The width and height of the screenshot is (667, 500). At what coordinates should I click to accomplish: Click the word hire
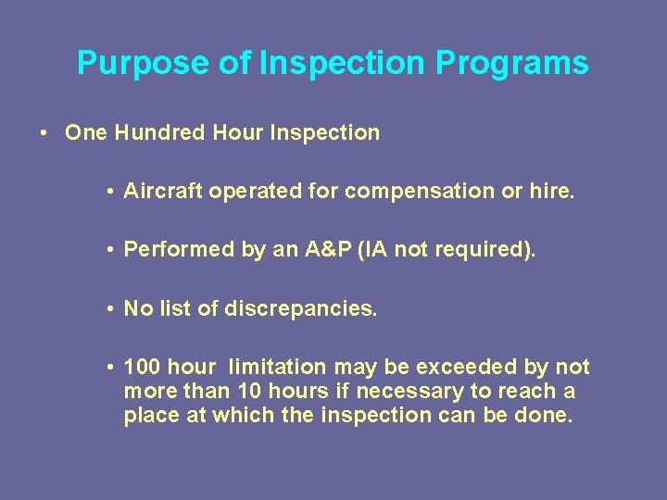pyautogui.click(x=553, y=192)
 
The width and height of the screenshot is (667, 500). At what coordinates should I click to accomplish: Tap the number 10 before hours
pyautogui.click(x=250, y=392)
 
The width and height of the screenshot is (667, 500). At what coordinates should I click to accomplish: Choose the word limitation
pyautogui.click(x=277, y=368)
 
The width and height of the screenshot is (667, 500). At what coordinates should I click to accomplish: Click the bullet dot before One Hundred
pyautogui.click(x=44, y=132)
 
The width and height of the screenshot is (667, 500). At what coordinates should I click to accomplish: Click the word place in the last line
pyautogui.click(x=152, y=416)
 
